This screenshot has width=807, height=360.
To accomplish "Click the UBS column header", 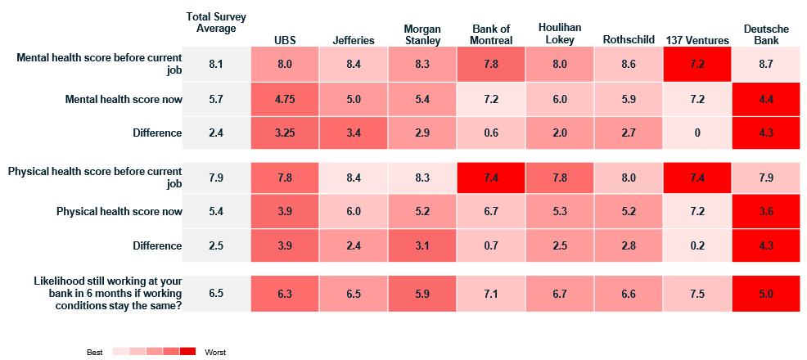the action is [x=285, y=40].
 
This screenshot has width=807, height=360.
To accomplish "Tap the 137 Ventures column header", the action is [x=697, y=40].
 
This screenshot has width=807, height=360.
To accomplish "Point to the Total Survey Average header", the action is [x=216, y=23].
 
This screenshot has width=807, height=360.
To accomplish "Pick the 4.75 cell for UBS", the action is [x=285, y=99].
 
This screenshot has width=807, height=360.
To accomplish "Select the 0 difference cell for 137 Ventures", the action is [x=697, y=133].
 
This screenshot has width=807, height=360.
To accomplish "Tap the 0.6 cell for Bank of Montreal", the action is [x=490, y=133].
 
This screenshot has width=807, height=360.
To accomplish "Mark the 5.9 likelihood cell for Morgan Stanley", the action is [x=422, y=294].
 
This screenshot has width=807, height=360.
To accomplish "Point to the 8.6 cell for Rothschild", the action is [x=628, y=65].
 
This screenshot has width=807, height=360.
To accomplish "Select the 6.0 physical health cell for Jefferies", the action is [x=354, y=211].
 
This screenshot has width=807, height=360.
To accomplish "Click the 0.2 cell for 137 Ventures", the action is [x=697, y=245].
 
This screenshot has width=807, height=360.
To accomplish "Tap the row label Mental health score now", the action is [x=124, y=100].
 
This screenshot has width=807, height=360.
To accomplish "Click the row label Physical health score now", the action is [x=119, y=211].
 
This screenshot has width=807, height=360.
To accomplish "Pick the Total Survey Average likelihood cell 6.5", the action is [x=216, y=294].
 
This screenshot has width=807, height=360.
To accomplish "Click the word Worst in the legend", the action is [x=214, y=353].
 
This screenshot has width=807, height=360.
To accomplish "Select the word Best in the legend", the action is [x=95, y=353].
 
